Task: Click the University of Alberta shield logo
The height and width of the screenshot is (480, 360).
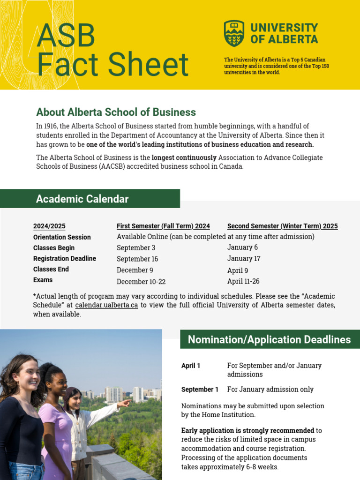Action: pos(234,33)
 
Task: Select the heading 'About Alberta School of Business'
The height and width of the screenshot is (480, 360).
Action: pos(116,112)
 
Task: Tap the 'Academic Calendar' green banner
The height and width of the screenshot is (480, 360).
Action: pos(90,199)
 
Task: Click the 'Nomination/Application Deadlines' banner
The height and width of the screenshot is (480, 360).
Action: pos(270,339)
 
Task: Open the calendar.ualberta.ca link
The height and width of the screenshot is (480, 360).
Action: pos(106,305)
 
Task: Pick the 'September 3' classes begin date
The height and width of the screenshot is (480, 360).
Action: pos(136,247)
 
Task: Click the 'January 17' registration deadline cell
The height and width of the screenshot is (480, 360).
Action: pos(244,258)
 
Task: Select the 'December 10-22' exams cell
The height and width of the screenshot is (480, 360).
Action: pos(141,282)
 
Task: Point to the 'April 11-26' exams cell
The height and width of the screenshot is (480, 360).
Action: pos(243,281)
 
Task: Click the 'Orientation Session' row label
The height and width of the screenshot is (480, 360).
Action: pos(62,237)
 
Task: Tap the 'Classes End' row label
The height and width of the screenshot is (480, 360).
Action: pos(51,269)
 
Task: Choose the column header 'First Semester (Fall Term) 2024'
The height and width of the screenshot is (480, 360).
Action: pos(163,226)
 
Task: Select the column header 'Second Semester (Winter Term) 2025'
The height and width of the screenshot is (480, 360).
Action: pos(282,226)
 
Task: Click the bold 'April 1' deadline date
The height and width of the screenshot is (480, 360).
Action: pos(191,366)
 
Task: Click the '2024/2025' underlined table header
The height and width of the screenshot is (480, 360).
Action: pos(49,226)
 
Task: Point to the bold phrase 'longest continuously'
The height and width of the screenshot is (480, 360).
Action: pos(184,157)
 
